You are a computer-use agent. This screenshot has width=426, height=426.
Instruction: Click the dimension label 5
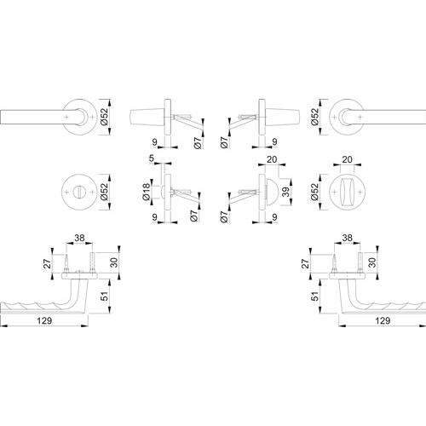click(152, 158)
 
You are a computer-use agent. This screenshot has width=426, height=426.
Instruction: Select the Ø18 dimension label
click(147, 192)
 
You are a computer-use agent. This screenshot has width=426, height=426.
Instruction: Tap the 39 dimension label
click(286, 193)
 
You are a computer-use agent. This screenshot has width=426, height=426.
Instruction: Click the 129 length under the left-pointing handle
click(44, 321)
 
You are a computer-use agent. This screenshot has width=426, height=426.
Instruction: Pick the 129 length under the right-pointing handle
click(383, 321)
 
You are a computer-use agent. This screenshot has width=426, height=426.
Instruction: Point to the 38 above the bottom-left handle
click(79, 238)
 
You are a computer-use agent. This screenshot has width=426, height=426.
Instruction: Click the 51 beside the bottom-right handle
click(315, 296)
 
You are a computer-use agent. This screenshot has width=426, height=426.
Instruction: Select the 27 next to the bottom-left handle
click(48, 263)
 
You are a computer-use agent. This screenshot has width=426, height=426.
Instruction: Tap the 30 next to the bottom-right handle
click(371, 262)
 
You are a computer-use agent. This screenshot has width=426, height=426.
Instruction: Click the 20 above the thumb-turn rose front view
click(347, 159)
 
